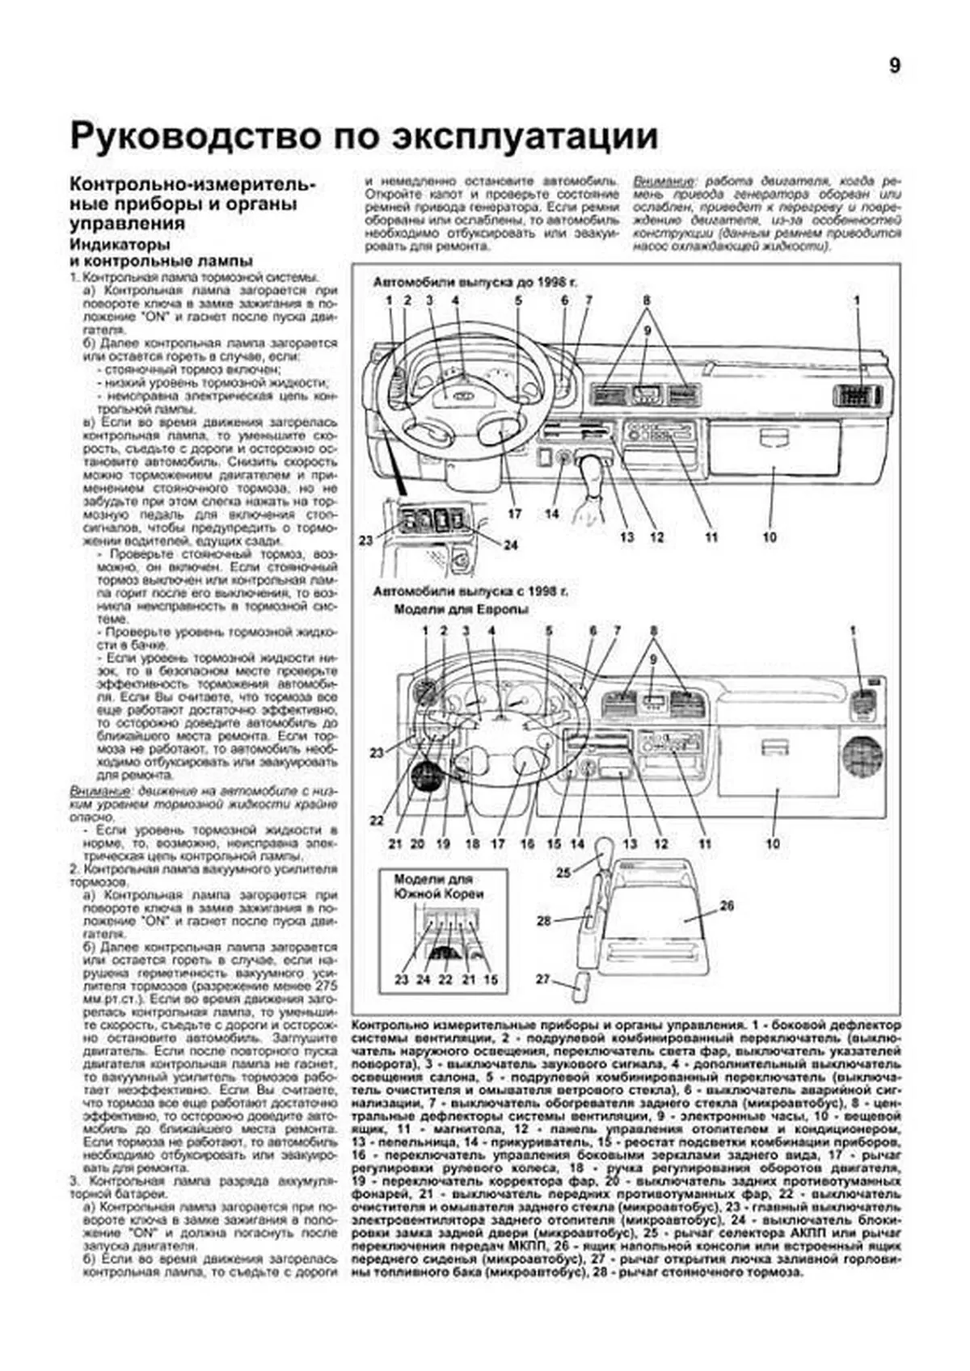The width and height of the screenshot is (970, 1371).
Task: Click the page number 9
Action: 894,66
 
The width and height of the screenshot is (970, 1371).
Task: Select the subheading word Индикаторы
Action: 119,245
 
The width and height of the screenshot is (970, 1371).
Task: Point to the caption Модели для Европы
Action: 461,610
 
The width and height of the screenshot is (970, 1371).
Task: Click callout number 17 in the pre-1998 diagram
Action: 515,514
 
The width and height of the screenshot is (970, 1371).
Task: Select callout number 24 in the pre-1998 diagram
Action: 510,545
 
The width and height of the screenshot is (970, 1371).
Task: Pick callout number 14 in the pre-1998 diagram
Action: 552,514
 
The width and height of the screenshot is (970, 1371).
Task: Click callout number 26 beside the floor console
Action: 726,906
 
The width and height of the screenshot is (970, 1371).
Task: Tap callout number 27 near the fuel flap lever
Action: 542,979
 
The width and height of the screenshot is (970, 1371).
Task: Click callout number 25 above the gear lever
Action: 563,872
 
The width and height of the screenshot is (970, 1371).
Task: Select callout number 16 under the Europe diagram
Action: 527,843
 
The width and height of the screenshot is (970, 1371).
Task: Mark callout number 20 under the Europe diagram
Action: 417,843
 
